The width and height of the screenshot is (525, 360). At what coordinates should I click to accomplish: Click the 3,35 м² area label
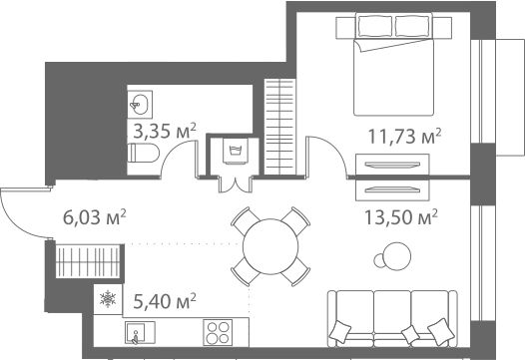[165, 131]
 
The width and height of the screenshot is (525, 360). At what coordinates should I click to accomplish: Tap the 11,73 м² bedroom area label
[404, 136]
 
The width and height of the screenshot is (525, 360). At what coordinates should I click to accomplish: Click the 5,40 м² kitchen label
[164, 298]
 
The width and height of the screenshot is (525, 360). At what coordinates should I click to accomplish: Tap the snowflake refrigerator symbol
[107, 298]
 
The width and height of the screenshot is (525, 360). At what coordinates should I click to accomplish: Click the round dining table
[266, 244]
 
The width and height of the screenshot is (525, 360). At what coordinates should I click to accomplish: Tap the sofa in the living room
[392, 318]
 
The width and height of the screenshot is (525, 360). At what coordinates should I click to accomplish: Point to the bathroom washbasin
[140, 103]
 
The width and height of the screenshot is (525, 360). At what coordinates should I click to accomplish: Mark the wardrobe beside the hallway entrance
[88, 263]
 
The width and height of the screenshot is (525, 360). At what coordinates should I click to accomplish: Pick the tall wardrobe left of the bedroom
[281, 125]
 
